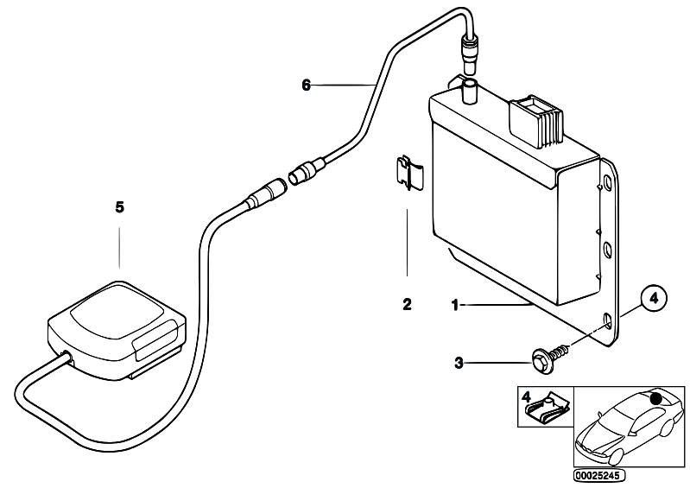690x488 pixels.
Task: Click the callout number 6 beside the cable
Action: coord(307,85)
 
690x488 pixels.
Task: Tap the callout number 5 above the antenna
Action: coord(120,206)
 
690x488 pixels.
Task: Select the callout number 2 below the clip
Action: coord(407,304)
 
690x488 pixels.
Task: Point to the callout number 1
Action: coord(455,305)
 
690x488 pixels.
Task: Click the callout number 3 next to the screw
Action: coord(459,363)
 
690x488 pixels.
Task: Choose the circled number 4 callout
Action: coord(654,298)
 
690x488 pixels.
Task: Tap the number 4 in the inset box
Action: coord(526,396)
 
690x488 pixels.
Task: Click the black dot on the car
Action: coord(655,399)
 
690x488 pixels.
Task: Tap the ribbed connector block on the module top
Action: coord(536,121)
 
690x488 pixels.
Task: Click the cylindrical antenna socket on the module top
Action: coord(470,92)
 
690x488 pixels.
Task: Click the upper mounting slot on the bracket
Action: coord(607,181)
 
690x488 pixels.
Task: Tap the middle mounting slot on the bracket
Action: coord(607,250)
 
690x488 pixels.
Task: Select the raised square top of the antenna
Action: coord(117,313)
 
